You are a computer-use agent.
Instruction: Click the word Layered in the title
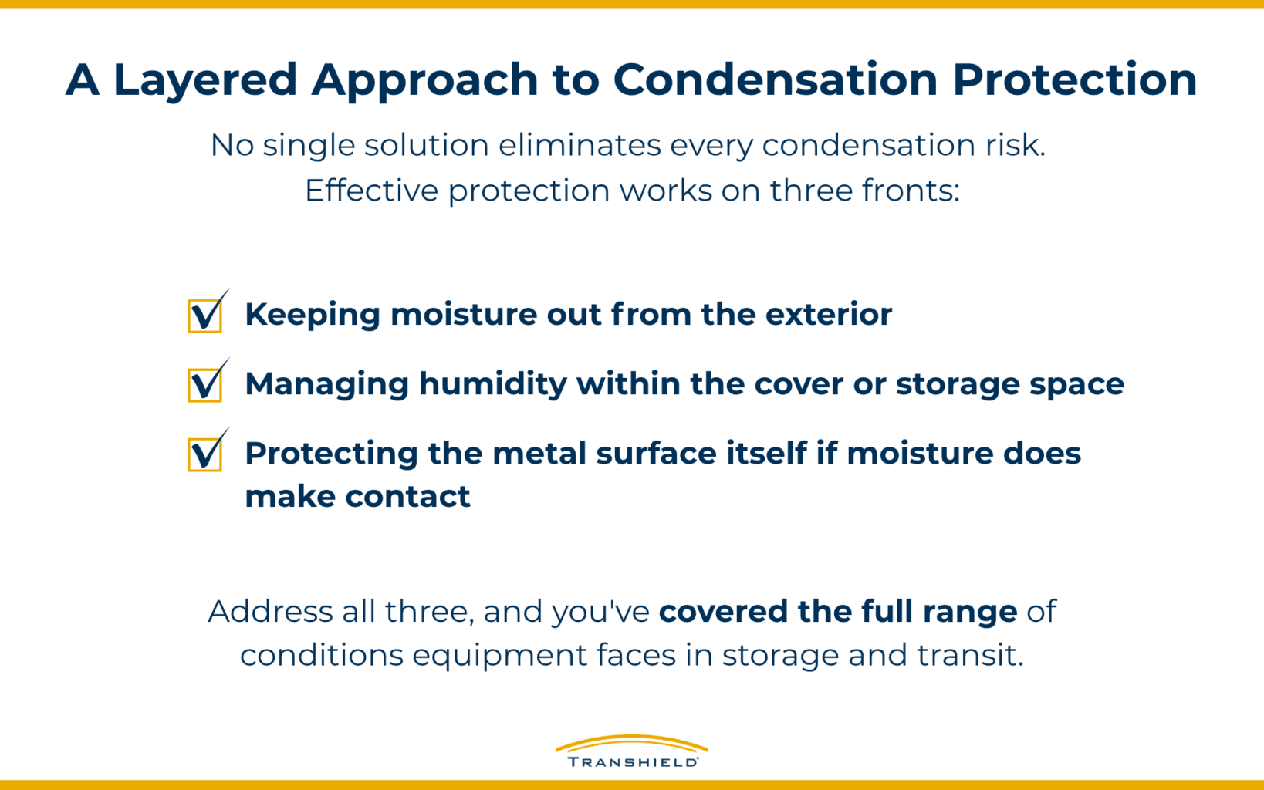click(204, 80)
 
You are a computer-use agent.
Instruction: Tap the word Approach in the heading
click(424, 80)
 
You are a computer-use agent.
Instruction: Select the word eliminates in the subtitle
click(579, 145)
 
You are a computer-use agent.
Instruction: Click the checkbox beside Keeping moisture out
click(205, 316)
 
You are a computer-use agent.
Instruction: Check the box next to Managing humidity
click(205, 385)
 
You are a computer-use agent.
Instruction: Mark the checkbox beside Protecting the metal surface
click(205, 454)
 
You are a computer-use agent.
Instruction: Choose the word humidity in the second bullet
click(493, 384)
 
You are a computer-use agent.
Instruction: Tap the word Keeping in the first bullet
click(313, 315)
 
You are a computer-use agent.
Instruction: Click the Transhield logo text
click(632, 762)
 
